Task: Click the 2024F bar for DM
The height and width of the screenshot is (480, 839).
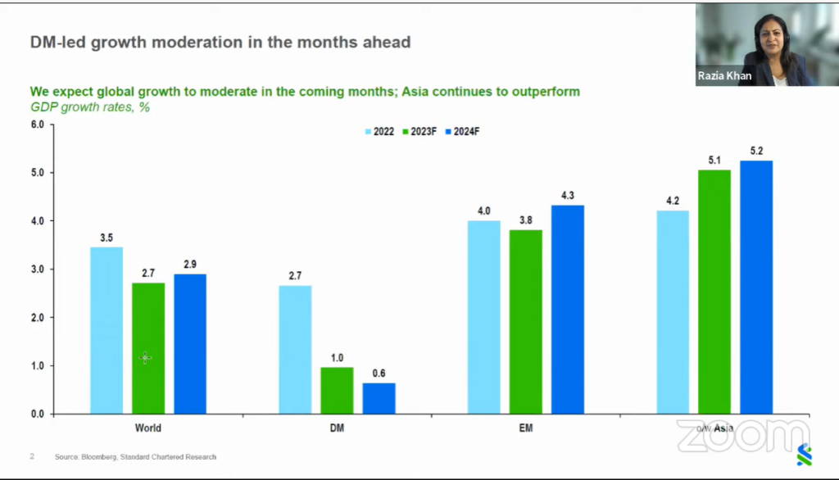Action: (379, 398)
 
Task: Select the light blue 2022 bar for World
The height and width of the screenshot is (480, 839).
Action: (107, 330)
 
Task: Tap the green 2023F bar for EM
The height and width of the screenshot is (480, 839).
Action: (525, 322)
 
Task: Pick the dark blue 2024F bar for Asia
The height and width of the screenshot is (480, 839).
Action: (756, 288)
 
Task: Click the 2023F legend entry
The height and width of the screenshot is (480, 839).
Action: (419, 132)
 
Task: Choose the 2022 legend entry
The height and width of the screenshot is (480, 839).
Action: (379, 132)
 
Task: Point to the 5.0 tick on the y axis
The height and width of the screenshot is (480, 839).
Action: (38, 173)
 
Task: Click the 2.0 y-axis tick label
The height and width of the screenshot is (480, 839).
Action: (38, 317)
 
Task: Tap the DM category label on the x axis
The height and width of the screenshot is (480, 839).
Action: (337, 428)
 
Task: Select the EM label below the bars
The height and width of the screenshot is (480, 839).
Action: (526, 428)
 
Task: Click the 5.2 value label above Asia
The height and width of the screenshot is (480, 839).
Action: (756, 151)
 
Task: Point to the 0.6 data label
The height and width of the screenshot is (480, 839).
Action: (379, 374)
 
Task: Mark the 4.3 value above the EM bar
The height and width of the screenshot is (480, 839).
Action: (568, 195)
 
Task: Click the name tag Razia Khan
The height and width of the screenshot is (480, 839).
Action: (724, 76)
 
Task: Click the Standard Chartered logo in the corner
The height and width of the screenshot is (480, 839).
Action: (805, 455)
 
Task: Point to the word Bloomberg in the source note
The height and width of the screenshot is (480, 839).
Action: (98, 457)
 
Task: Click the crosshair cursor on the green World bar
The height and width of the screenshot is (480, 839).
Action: (145, 357)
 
